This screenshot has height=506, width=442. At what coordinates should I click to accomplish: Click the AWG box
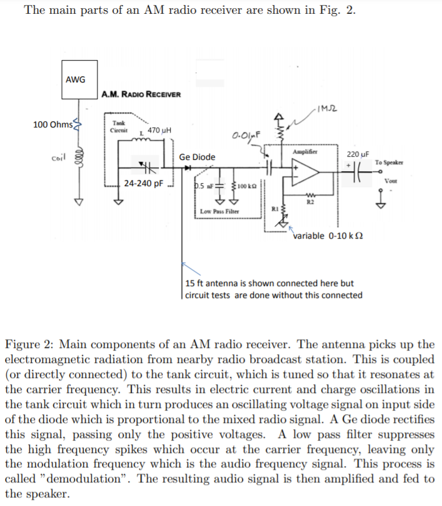coord(79,79)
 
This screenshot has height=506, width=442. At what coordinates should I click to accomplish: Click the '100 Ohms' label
coord(53,124)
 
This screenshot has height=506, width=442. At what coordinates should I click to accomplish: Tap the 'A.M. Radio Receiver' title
coord(141,94)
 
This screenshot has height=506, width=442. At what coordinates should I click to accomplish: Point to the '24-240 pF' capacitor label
coord(143,184)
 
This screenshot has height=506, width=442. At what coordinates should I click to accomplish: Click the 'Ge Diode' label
coord(197,157)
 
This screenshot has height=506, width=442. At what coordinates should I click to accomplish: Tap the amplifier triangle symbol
coord(306,174)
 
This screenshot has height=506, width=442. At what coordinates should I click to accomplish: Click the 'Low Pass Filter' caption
coord(219,212)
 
